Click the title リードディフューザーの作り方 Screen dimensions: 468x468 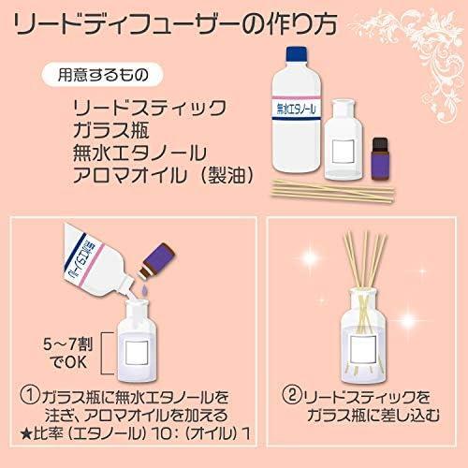pyautogui.click(x=176, y=23)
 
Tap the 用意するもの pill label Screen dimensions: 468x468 pyautogui.click(x=103, y=75)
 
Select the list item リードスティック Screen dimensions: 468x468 pyautogui.click(x=150, y=108)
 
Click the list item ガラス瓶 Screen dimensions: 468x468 pyautogui.click(x=111, y=130)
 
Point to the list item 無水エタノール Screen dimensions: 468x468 pyautogui.click(x=139, y=153)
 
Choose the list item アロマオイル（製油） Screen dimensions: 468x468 pyautogui.click(x=163, y=175)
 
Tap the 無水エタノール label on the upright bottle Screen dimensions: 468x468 pyautogui.click(x=297, y=109)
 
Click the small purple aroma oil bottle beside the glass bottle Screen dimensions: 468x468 pyautogui.click(x=380, y=158)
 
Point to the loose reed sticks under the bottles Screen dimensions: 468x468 pyautogui.click(x=332, y=190)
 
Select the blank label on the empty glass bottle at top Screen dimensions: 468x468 pyautogui.click(x=344, y=152)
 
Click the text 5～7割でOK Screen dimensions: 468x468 pyautogui.click(x=68, y=353)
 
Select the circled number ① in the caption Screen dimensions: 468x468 pyautogui.click(x=30, y=396)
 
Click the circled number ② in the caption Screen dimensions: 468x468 pyautogui.click(x=292, y=395)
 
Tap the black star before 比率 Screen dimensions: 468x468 pyautogui.click(x=25, y=434)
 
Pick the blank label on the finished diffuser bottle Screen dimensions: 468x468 pyautogui.click(x=363, y=350)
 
